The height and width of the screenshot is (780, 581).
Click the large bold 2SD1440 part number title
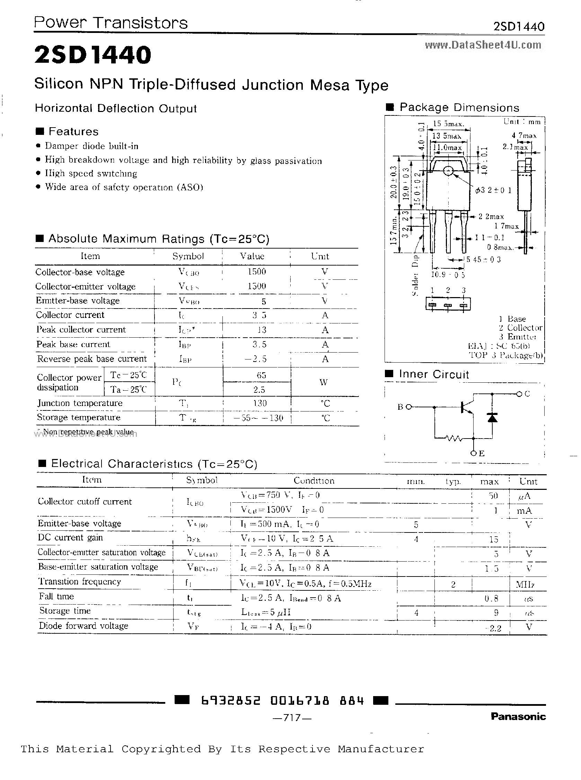coord(93,55)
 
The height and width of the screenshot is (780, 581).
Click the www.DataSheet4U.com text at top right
coord(483,45)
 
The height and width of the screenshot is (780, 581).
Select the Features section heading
coord(73,131)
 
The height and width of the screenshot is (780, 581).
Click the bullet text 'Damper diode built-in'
coord(91,146)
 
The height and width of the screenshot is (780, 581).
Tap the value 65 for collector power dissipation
coord(261,375)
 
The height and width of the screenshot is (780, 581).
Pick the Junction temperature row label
coord(80,403)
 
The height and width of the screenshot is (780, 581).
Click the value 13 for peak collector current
coord(261,330)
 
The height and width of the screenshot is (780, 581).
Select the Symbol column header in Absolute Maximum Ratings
coord(188,256)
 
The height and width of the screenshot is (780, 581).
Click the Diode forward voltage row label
coord(83,625)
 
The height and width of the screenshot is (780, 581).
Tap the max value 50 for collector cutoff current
coord(493,496)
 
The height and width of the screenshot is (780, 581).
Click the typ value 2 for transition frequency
coord(454,584)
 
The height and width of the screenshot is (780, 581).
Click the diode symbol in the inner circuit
coord(492,417)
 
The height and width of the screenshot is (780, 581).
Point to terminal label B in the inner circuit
coord(400,407)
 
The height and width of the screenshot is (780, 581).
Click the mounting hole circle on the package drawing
coord(448,171)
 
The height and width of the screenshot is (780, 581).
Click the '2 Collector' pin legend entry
coord(520,328)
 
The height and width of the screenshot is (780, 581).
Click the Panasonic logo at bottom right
coord(518,716)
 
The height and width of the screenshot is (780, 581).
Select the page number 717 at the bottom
coord(292,717)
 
